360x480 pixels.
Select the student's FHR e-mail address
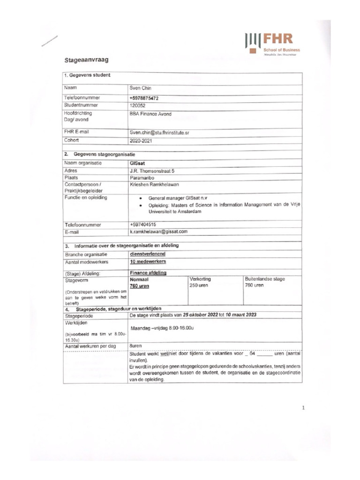pyautogui.click(x=159, y=133)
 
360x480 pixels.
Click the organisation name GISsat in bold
pyautogui.click(x=137, y=163)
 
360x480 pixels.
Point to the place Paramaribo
pyautogui.click(x=142, y=178)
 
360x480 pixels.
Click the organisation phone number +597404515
pyautogui.click(x=143, y=225)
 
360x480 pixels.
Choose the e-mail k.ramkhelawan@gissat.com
pyautogui.click(x=158, y=232)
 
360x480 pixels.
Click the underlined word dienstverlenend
pyautogui.click(x=147, y=254)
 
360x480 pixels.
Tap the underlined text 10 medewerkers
pyautogui.click(x=148, y=262)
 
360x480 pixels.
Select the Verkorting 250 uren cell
pyautogui.click(x=199, y=282)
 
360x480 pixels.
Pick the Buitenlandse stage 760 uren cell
pyautogui.click(x=264, y=282)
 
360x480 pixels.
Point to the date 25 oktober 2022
pyautogui.click(x=202, y=315)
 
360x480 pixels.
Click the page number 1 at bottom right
pyautogui.click(x=303, y=408)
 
